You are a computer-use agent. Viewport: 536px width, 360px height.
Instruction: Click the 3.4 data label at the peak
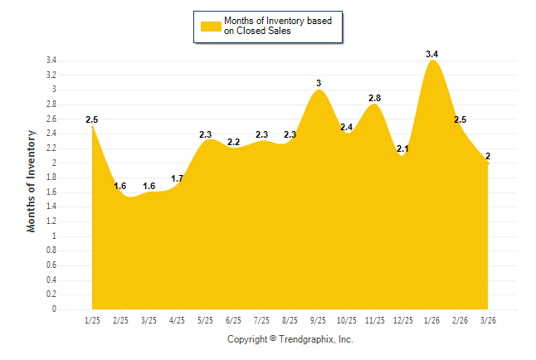coord(431,54)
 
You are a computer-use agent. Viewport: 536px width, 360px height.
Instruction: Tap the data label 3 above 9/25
coord(319,83)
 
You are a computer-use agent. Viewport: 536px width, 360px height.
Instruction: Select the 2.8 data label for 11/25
coord(375,98)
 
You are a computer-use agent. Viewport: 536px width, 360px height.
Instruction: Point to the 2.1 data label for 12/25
coord(403,149)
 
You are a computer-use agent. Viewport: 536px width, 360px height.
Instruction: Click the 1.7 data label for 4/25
coord(177,178)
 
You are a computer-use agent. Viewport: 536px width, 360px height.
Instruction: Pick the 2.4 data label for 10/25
coord(347,127)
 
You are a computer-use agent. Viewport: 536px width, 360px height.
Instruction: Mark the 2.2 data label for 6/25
coord(233,142)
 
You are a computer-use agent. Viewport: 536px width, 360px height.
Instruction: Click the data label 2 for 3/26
coord(488,156)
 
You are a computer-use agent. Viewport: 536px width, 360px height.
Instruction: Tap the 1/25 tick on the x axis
coord(92,320)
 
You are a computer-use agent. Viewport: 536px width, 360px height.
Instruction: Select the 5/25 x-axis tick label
coord(205,320)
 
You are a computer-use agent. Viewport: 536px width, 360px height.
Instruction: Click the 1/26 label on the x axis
coord(431,320)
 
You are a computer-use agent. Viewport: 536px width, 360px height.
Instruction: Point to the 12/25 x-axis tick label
coord(403,320)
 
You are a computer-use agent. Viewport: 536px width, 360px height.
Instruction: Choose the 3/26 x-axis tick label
coord(488,320)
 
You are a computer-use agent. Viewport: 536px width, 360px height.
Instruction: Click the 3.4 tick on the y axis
coord(51,61)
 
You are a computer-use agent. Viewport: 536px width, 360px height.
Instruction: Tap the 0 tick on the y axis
coord(54,309)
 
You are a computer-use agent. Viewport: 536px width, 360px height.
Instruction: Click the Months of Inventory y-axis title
coord(32,181)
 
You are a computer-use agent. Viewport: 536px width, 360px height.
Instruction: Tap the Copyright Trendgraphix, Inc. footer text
coord(290,339)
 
